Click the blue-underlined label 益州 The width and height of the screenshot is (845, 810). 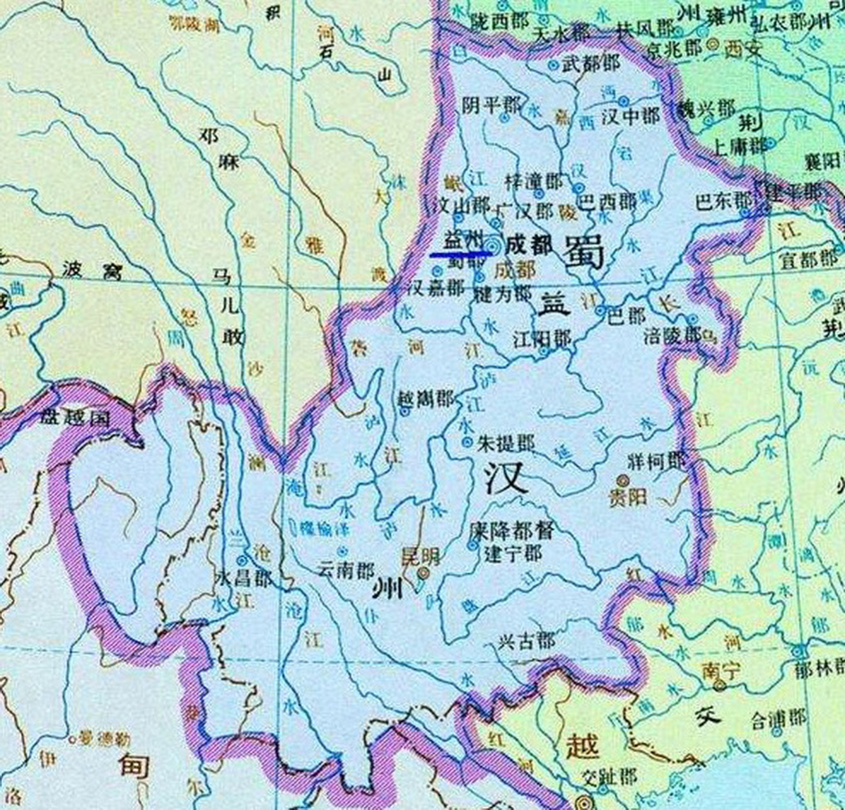point(461,241)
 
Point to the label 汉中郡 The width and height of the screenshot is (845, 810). point(630,116)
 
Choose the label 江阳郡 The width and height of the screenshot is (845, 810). point(542,339)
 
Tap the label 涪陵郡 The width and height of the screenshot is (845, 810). point(672,335)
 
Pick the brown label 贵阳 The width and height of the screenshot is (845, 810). point(628,497)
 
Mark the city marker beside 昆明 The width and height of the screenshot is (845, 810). point(423,573)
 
